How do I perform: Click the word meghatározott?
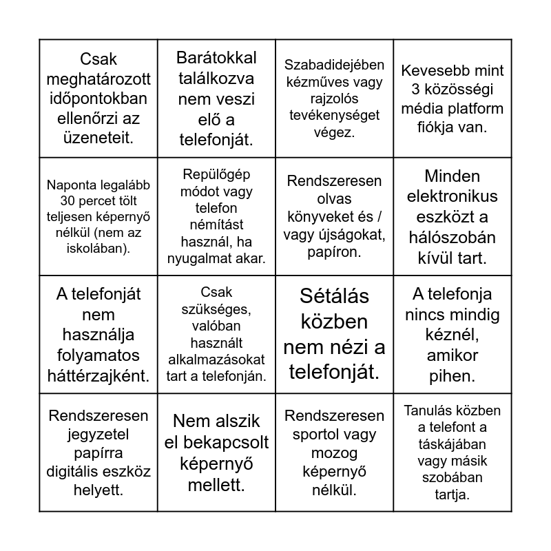pos(98,79)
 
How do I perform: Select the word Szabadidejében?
pos(334,65)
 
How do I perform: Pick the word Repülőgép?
pos(216,175)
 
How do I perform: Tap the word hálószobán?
pos(453,238)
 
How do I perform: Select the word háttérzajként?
pos(98,375)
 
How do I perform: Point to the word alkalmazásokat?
pos(216,359)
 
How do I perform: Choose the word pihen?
pos(453,376)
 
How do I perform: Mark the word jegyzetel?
pos(98,435)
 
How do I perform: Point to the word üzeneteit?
pos(98,138)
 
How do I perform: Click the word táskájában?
pos(453,444)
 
